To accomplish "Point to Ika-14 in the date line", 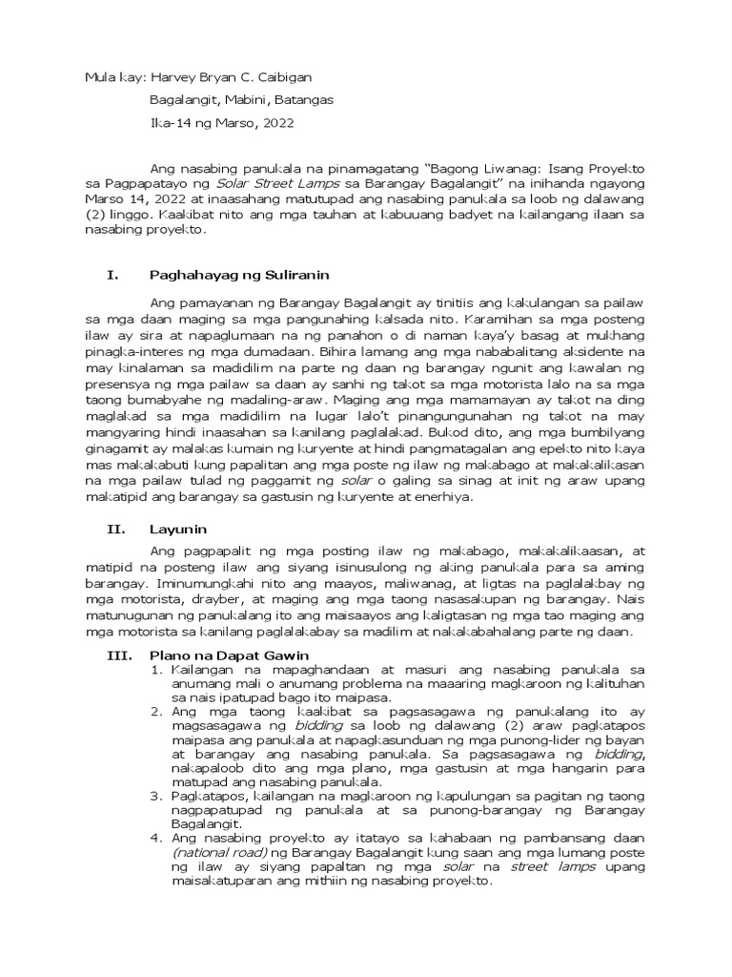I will pos(173,122).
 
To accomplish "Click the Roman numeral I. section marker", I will pos(112,276).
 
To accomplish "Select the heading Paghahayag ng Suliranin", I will pos(238,276).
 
